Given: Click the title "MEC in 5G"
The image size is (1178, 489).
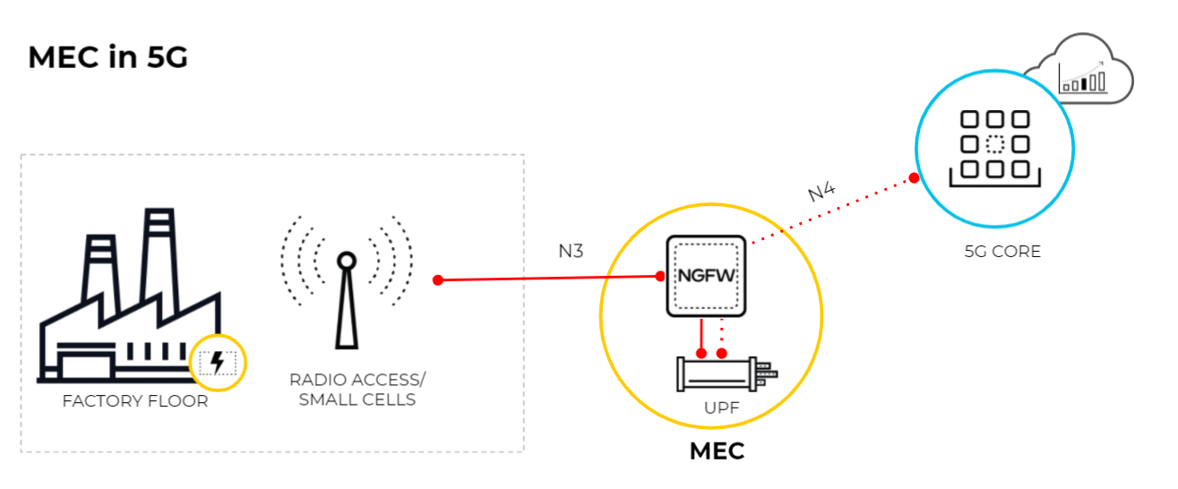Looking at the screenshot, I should [107, 57].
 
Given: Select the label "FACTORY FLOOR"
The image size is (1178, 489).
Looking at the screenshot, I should [135, 401].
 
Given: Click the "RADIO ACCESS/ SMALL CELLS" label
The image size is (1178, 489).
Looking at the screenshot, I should [352, 390].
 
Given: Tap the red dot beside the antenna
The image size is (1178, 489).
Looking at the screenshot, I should [438, 280].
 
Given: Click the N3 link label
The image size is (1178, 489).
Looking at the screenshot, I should [571, 252].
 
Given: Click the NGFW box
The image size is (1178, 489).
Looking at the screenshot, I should [707, 276].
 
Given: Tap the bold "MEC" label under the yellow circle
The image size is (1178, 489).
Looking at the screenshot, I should [717, 451].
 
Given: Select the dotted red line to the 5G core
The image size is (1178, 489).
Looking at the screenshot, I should [833, 210].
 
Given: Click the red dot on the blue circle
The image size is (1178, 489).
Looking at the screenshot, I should [914, 178].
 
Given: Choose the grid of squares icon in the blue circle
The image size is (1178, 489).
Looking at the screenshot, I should [994, 145].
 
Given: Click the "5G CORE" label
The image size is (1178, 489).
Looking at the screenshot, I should [1002, 252].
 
